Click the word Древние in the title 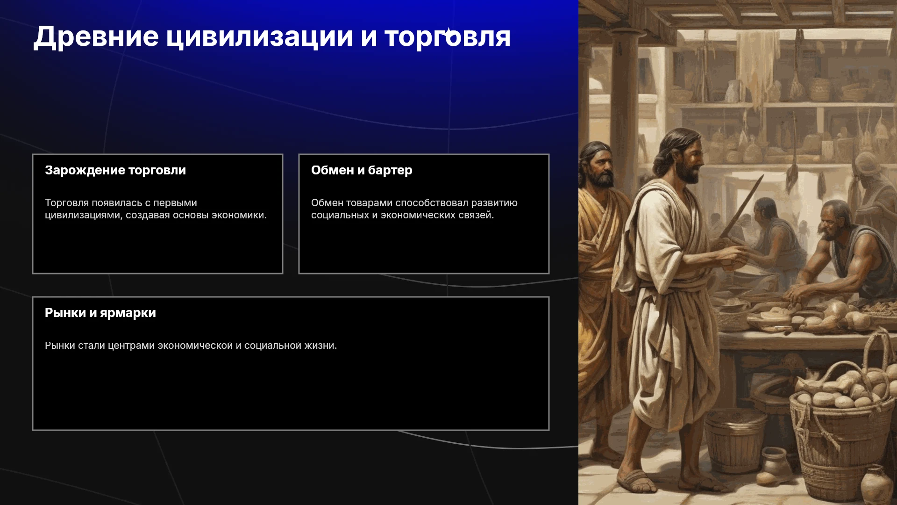pyautogui.click(x=96, y=36)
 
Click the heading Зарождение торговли pyautogui.click(x=115, y=170)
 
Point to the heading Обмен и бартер pyautogui.click(x=362, y=170)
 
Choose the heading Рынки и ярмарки pyautogui.click(x=100, y=313)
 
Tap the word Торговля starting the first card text pyautogui.click(x=67, y=203)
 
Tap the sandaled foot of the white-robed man pyautogui.click(x=638, y=479)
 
